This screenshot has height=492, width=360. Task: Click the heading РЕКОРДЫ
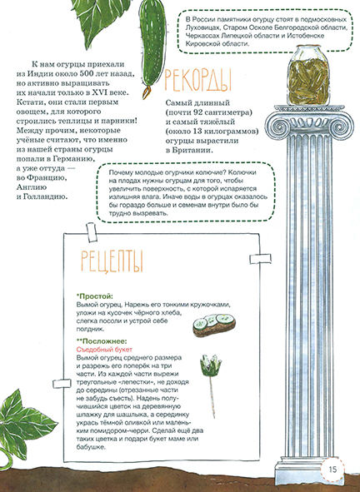(x=199, y=80)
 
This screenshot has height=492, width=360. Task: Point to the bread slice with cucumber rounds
(x=213, y=324)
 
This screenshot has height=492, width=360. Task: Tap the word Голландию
(x=63, y=196)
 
